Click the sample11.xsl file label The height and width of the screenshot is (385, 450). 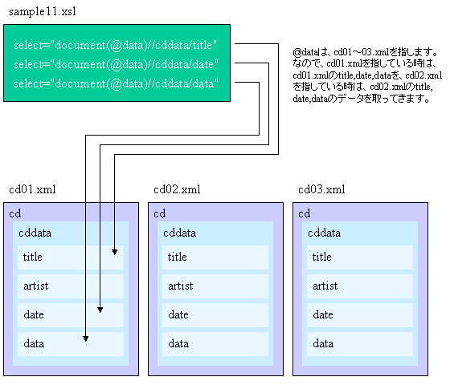[x=43, y=12]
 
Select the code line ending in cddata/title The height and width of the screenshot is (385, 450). [x=116, y=45]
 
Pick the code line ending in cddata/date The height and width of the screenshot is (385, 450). [x=116, y=64]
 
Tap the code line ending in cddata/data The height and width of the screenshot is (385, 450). [x=116, y=83]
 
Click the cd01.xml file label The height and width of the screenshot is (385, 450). [x=32, y=189]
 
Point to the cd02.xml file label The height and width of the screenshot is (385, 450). [x=177, y=189]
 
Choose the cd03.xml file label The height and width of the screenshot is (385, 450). [x=321, y=189]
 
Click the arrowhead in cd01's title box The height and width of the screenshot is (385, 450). [x=114, y=252]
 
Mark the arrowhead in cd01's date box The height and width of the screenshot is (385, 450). [x=100, y=310]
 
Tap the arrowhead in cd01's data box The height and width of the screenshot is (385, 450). [x=85, y=338]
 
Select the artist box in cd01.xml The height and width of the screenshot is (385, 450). [x=71, y=286]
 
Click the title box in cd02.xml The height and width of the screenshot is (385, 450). [x=215, y=257]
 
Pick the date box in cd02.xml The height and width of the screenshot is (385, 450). [x=215, y=315]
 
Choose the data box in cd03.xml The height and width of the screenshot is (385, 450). [x=360, y=344]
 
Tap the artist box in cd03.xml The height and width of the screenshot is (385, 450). [x=360, y=286]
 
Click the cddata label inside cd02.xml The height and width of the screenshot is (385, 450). [x=180, y=233]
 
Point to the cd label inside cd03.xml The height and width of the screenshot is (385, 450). [x=305, y=213]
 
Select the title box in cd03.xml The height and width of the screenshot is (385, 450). [x=360, y=257]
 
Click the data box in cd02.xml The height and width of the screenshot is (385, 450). [x=215, y=344]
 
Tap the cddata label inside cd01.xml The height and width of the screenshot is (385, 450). [x=35, y=233]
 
